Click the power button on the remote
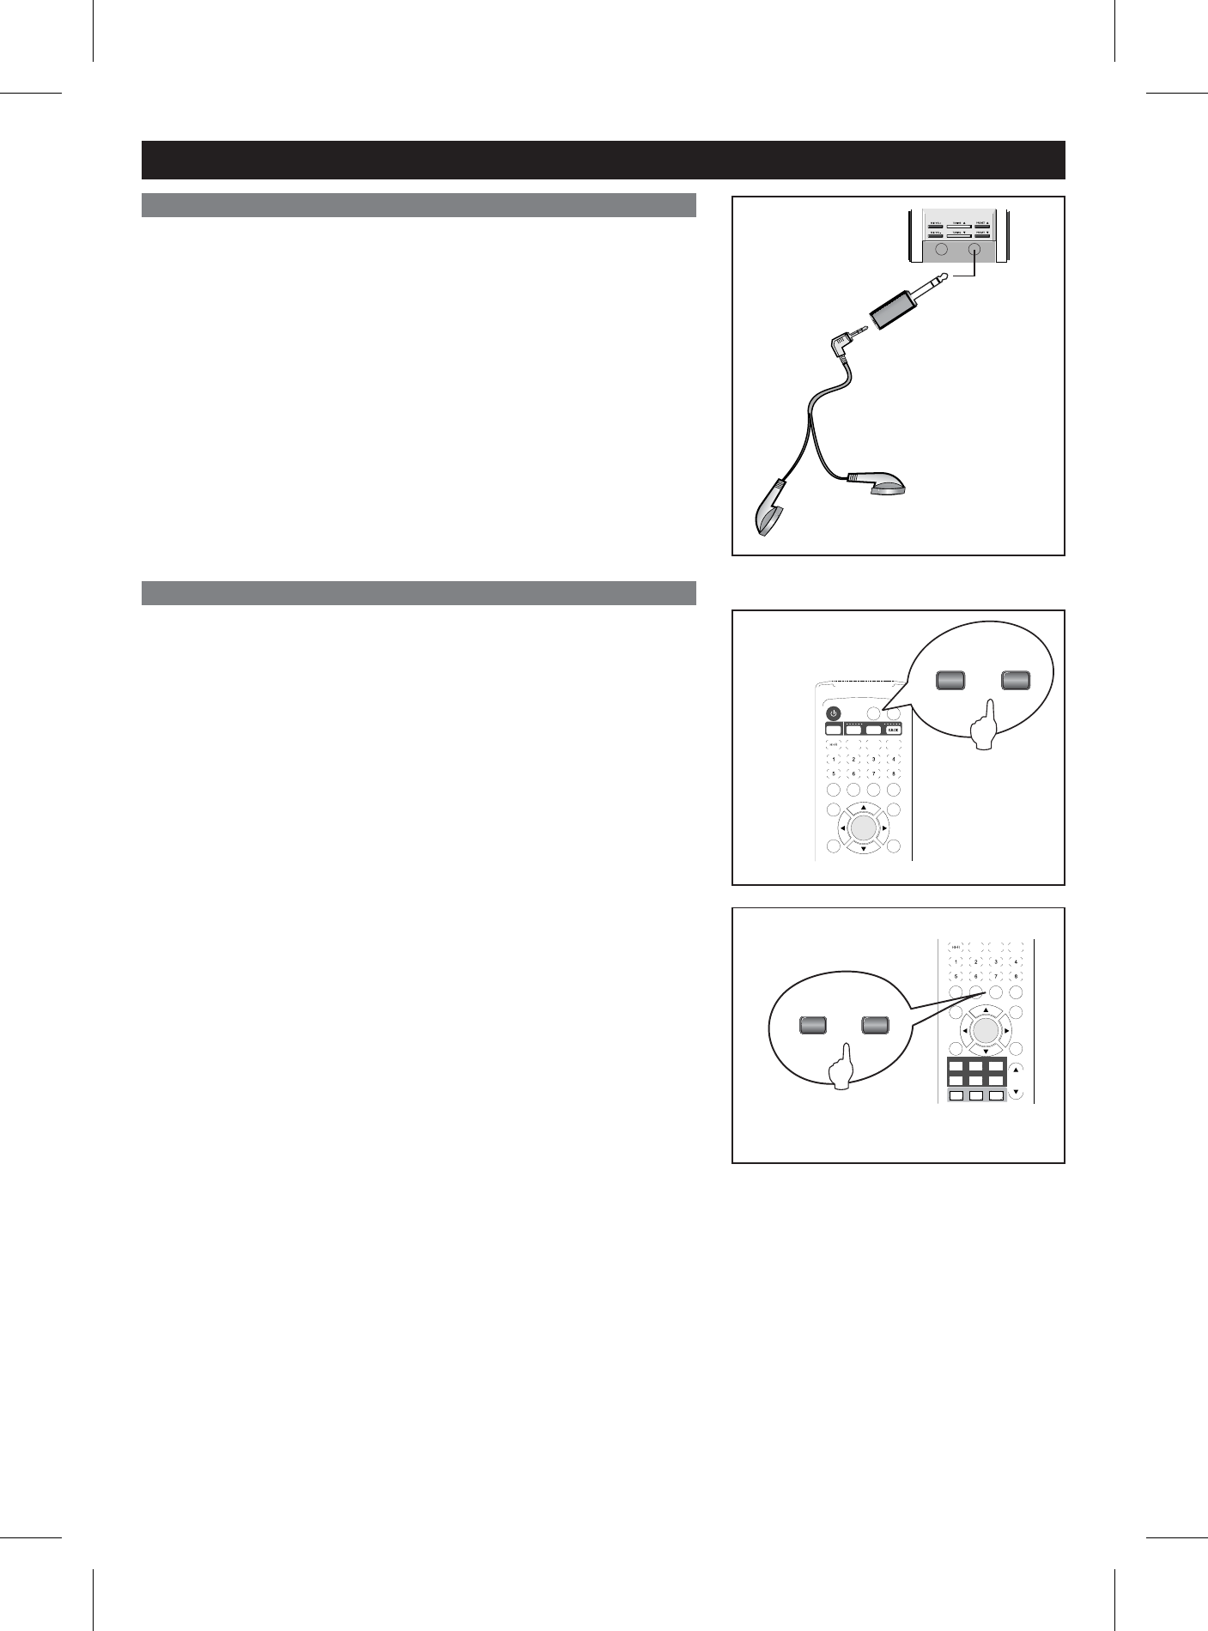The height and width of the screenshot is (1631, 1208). [832, 713]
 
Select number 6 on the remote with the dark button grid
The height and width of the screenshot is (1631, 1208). [975, 977]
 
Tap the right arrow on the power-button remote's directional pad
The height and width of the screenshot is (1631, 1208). [884, 828]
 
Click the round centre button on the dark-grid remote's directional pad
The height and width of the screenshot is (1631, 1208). [986, 1030]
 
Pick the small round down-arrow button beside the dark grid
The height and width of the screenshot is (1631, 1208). [1017, 1093]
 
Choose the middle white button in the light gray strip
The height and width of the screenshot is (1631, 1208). [975, 1095]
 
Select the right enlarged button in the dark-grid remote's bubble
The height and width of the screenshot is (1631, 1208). [876, 1025]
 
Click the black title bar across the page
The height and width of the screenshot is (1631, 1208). [603, 160]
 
